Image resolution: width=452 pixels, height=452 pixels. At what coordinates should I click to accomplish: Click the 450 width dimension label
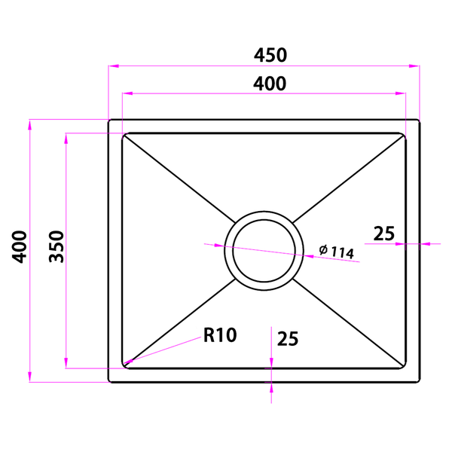(x=270, y=55)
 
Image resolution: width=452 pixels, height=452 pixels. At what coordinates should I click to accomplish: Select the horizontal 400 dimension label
(x=270, y=84)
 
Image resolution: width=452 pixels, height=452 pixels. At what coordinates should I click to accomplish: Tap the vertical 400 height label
(x=20, y=247)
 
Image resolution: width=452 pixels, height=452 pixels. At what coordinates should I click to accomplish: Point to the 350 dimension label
(x=56, y=246)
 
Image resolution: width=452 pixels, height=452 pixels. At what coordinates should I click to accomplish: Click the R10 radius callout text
(x=220, y=335)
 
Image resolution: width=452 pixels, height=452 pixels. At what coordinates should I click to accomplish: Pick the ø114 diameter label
(x=337, y=252)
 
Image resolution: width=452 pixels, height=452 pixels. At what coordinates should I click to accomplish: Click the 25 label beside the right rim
(x=384, y=234)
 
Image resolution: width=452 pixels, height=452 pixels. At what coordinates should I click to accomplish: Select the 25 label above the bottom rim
(x=288, y=339)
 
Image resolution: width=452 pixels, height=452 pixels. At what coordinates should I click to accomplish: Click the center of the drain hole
(x=264, y=251)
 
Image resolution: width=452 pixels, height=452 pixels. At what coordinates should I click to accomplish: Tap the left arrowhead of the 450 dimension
(x=113, y=66)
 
